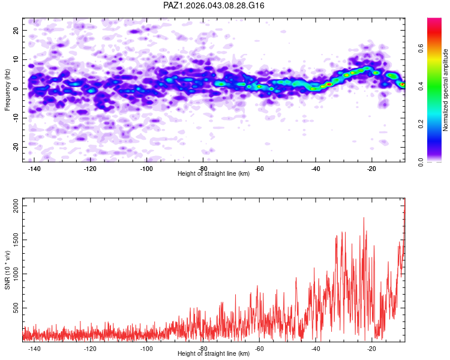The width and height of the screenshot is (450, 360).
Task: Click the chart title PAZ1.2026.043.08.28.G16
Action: click(214, 5)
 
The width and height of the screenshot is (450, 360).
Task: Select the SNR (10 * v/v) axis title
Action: click(7, 269)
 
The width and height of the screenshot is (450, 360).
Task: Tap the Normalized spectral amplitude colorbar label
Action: click(446, 90)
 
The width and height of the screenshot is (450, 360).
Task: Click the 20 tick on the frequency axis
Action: click(16, 30)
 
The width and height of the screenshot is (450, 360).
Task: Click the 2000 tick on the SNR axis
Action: click(13, 206)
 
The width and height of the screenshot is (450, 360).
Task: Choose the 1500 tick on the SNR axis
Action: click(13, 240)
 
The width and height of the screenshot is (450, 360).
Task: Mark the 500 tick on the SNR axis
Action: click(15, 308)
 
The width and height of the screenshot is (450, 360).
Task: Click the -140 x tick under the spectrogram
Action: click(34, 169)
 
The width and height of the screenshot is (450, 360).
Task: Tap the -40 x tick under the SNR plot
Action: click(316, 349)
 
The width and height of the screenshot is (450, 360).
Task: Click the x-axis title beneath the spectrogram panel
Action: click(214, 174)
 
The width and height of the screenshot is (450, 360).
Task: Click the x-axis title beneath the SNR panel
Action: click(214, 355)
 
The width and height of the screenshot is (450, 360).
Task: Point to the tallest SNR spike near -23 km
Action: click(364, 218)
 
